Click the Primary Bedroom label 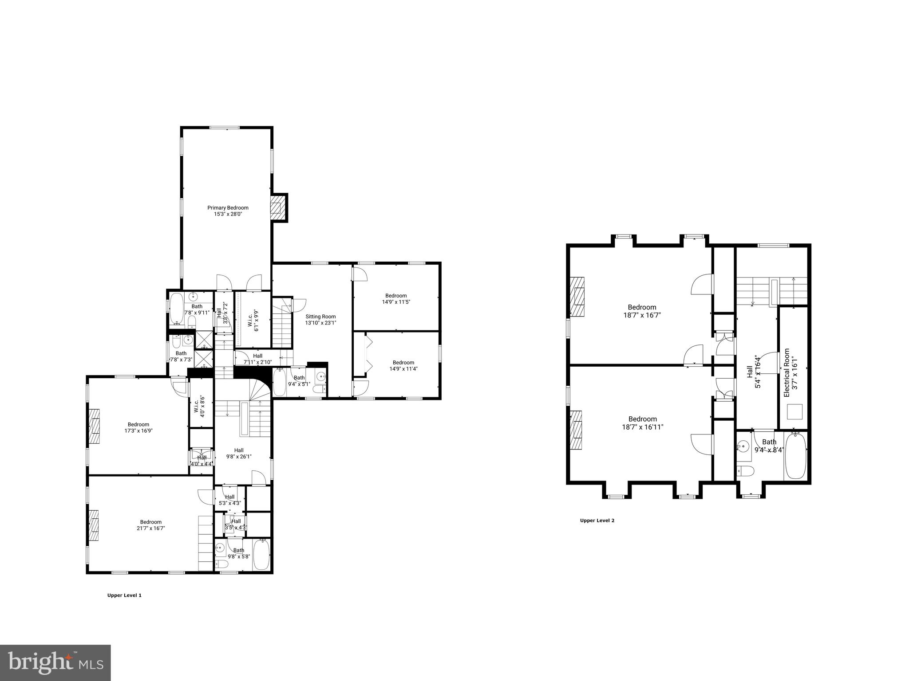click(228, 208)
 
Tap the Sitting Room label click(320, 317)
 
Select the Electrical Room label click(787, 372)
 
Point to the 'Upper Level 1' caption click(124, 595)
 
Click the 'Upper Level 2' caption click(597, 521)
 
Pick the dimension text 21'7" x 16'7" click(151, 528)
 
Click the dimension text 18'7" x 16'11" click(643, 427)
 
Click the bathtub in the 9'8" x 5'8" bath click(261, 554)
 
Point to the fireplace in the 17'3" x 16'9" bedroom click(95, 426)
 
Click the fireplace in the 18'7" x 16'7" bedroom click(577, 297)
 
